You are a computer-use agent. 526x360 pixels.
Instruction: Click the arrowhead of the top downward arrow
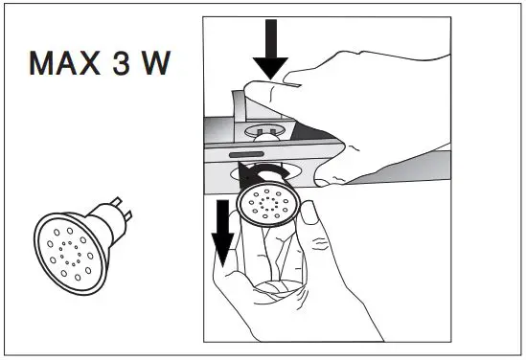pyautogui.click(x=272, y=68)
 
